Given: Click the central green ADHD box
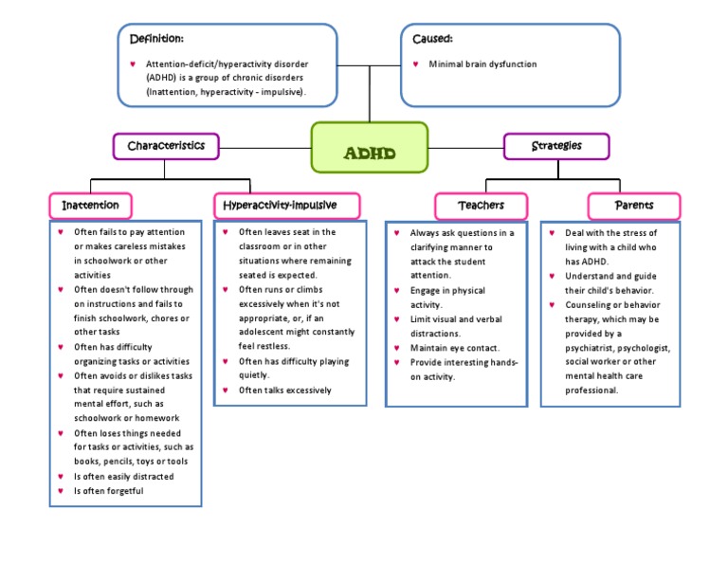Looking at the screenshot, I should (x=370, y=148).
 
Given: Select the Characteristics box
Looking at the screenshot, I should (x=166, y=146).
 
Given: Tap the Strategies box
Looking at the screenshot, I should (x=556, y=146).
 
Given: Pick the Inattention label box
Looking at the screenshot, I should (x=90, y=206).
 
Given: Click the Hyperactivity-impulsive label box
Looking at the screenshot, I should (x=274, y=206).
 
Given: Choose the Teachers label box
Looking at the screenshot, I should (x=481, y=206).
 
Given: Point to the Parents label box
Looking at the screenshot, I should (x=634, y=206).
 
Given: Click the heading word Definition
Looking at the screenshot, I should (x=156, y=39).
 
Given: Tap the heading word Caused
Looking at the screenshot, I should (x=432, y=39).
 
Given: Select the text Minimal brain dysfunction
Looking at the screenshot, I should (x=482, y=64).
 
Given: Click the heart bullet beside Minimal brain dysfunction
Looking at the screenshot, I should (x=416, y=64).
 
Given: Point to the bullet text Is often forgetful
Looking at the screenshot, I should (x=109, y=491).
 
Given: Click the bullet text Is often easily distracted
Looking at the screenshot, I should (x=123, y=477).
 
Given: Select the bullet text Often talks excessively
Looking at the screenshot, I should (x=284, y=390).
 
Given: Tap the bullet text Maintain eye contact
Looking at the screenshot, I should (x=454, y=348).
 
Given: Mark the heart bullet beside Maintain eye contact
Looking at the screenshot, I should (x=395, y=348).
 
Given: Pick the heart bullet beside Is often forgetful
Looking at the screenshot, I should (x=60, y=491).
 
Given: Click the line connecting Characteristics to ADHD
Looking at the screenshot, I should (x=265, y=147).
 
